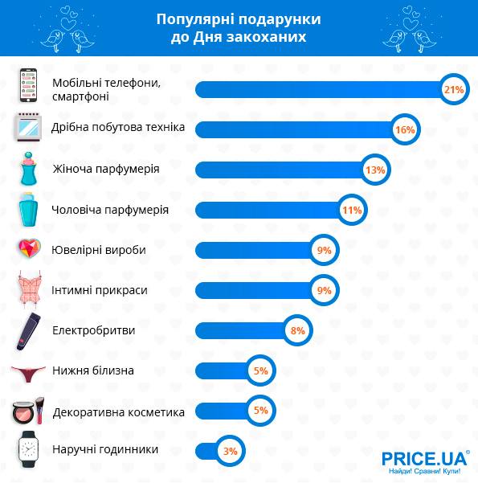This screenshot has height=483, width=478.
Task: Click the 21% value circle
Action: click(x=454, y=90)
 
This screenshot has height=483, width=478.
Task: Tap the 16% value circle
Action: click(x=405, y=129)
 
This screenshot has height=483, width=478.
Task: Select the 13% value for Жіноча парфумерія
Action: click(x=375, y=170)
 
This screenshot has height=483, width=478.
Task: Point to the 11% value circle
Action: click(x=352, y=210)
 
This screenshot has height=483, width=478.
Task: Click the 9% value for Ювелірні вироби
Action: click(x=324, y=250)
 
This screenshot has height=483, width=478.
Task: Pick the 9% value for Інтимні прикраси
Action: click(x=324, y=290)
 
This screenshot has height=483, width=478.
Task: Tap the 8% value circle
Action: click(x=297, y=330)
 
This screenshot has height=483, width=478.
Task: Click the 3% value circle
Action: click(x=230, y=451)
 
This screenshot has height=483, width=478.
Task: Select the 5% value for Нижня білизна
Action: click(x=260, y=370)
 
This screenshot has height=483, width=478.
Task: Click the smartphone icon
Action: click(x=28, y=85)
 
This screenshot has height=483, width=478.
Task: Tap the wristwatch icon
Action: click(x=28, y=449)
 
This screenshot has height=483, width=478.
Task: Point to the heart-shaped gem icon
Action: click(x=29, y=248)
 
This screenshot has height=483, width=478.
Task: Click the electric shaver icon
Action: click(x=28, y=331)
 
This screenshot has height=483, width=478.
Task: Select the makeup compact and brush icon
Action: click(x=28, y=411)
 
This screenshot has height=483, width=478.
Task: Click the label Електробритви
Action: click(x=94, y=330)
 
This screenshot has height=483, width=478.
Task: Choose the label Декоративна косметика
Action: click(x=119, y=412)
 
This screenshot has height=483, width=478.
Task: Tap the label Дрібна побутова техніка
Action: click(x=118, y=127)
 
